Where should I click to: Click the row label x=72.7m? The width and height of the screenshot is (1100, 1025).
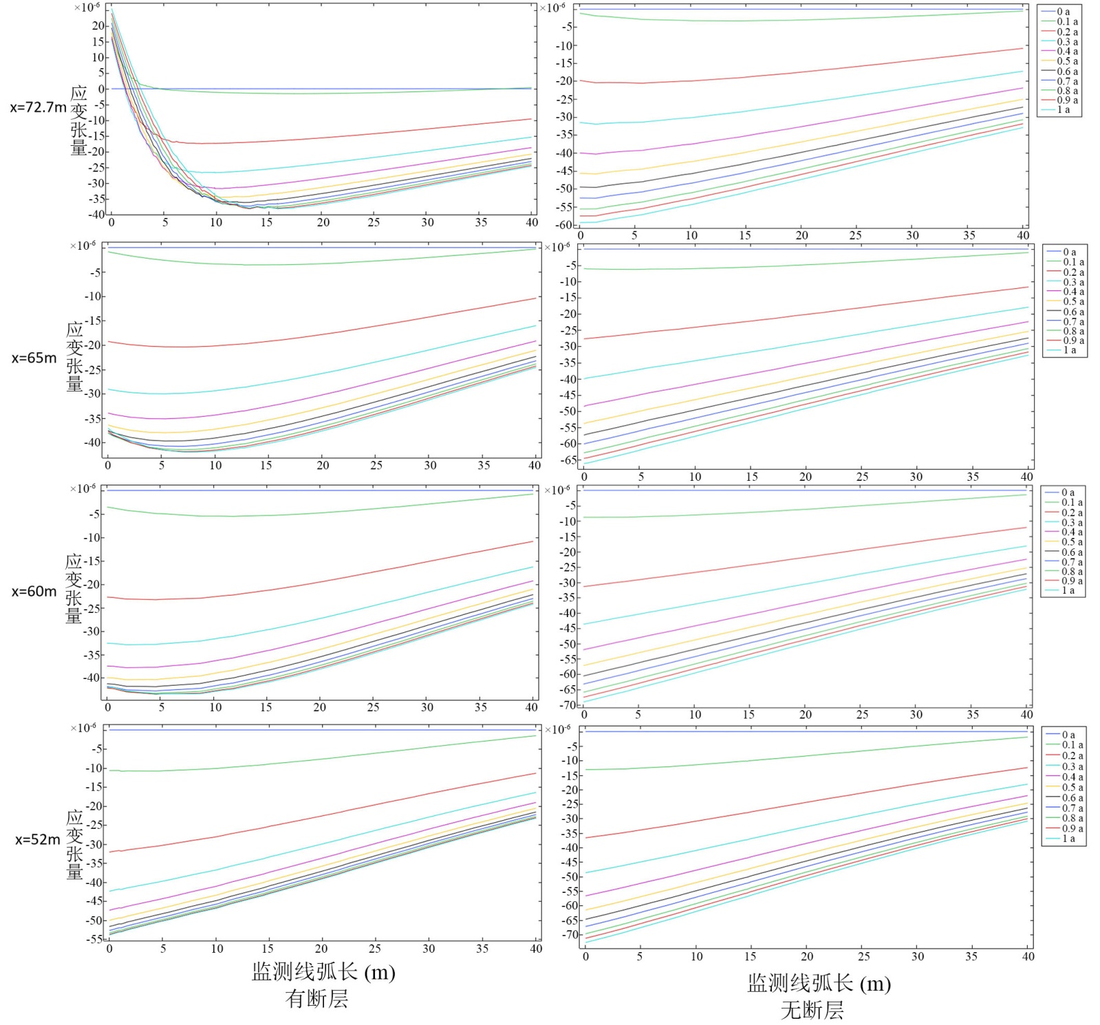pyautogui.click(x=39, y=107)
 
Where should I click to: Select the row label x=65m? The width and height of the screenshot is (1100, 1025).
pyautogui.click(x=34, y=358)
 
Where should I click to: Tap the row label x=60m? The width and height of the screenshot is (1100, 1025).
pyautogui.click(x=34, y=592)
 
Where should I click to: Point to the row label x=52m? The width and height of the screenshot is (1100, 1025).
pyautogui.click(x=38, y=840)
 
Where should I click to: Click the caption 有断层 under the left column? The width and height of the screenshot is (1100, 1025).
pyautogui.click(x=316, y=999)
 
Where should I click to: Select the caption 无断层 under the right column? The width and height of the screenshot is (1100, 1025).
pyautogui.click(x=812, y=1010)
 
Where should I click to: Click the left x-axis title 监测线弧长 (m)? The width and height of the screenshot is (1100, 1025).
pyautogui.click(x=323, y=972)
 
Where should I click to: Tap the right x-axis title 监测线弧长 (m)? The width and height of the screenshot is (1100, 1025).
pyautogui.click(x=819, y=984)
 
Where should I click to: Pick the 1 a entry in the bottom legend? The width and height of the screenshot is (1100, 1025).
pyautogui.click(x=1068, y=839)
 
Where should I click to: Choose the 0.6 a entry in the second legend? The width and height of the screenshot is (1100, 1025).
pyautogui.click(x=1073, y=312)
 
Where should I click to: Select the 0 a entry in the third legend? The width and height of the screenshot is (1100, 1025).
pyautogui.click(x=1068, y=493)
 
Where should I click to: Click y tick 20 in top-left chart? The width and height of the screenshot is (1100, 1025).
pyautogui.click(x=98, y=26)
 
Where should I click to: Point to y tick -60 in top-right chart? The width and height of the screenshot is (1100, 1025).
pyautogui.click(x=565, y=225)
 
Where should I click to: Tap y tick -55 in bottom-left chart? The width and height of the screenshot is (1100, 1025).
pyautogui.click(x=94, y=939)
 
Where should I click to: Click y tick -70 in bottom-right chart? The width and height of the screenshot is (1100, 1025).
pyautogui.click(x=570, y=935)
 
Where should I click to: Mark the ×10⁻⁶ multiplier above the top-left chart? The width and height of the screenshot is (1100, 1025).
pyautogui.click(x=87, y=7)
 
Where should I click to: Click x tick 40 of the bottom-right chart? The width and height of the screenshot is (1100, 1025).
pyautogui.click(x=1028, y=956)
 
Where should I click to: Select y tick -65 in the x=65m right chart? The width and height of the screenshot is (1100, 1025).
pyautogui.click(x=569, y=460)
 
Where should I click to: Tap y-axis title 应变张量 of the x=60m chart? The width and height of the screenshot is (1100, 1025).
pyautogui.click(x=74, y=588)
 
